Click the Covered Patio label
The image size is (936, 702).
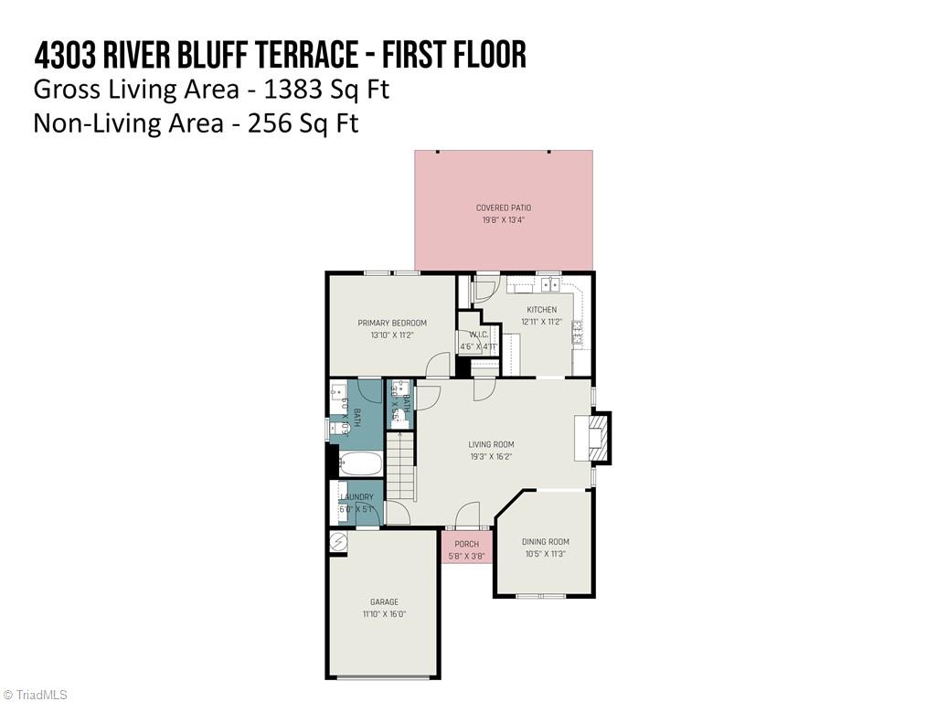coord(503,207)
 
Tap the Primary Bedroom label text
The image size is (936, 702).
coord(392,323)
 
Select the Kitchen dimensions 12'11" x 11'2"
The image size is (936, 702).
coord(541,322)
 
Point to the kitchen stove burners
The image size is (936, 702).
coord(579,332)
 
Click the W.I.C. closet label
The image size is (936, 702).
coord(479,335)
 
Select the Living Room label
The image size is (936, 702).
coord(491,445)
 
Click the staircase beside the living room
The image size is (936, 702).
coord(400,466)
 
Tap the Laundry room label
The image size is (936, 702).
coord(356,497)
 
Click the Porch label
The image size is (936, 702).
coord(466,545)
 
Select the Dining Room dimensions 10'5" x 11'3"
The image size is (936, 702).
coord(545,554)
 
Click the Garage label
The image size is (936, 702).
coord(384,601)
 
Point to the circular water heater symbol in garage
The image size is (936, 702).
coord(338,542)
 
